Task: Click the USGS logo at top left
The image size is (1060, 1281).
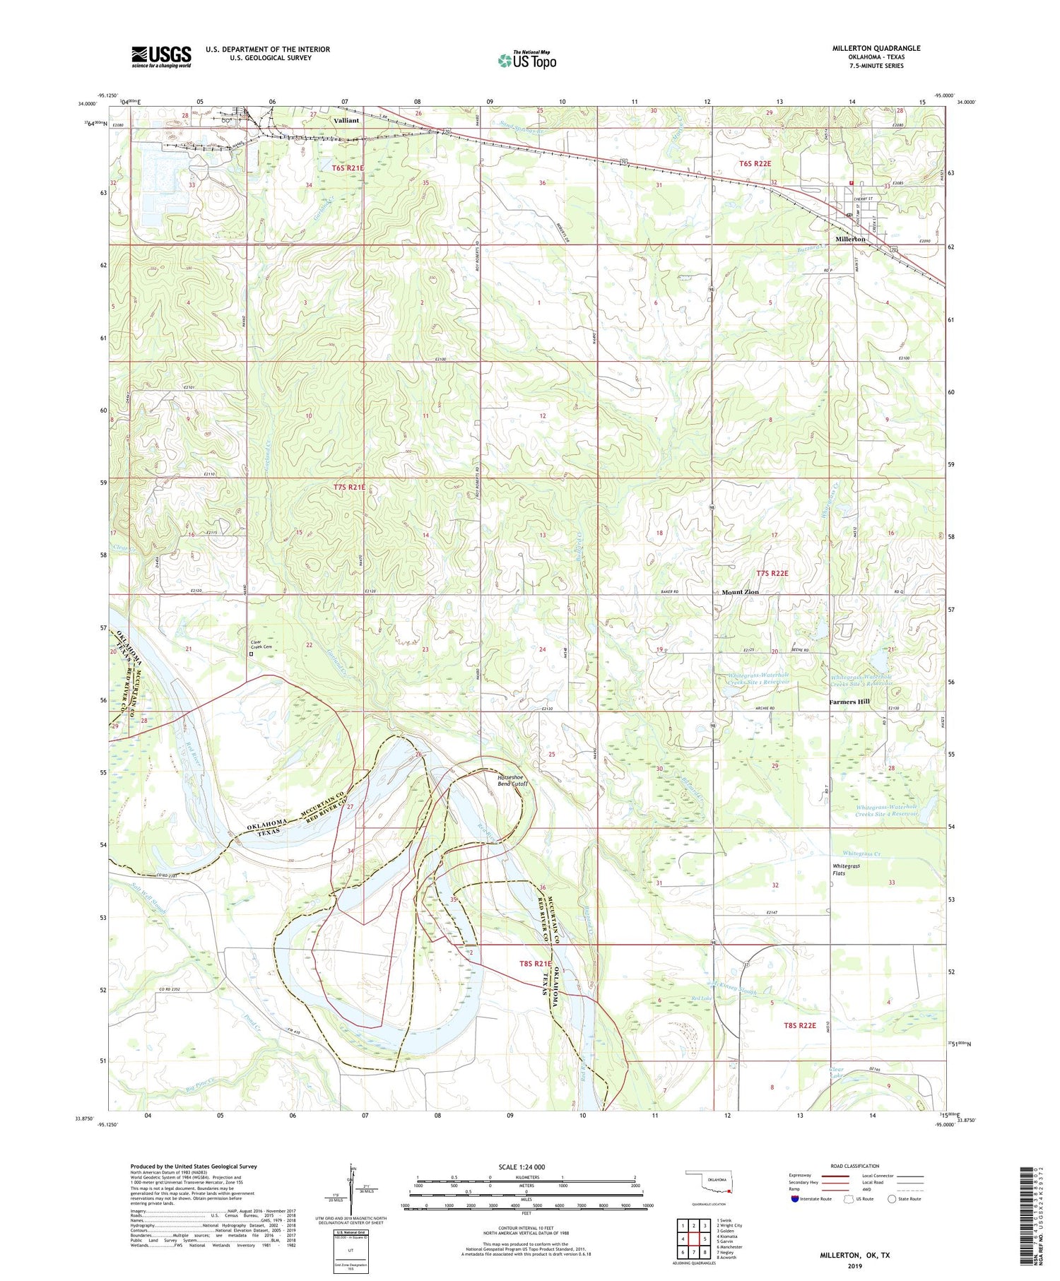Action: [161, 57]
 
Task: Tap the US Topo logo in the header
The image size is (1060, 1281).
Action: [527, 61]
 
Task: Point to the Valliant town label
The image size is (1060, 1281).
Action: [346, 120]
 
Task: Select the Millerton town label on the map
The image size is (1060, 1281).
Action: [850, 240]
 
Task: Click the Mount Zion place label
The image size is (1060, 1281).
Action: [740, 592]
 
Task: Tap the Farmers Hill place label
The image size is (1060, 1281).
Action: [849, 702]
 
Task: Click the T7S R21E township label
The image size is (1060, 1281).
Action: [350, 488]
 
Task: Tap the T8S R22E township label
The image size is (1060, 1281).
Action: [799, 1025]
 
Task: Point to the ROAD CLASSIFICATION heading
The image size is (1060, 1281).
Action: [856, 1166]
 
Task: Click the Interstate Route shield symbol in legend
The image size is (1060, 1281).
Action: [795, 1199]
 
